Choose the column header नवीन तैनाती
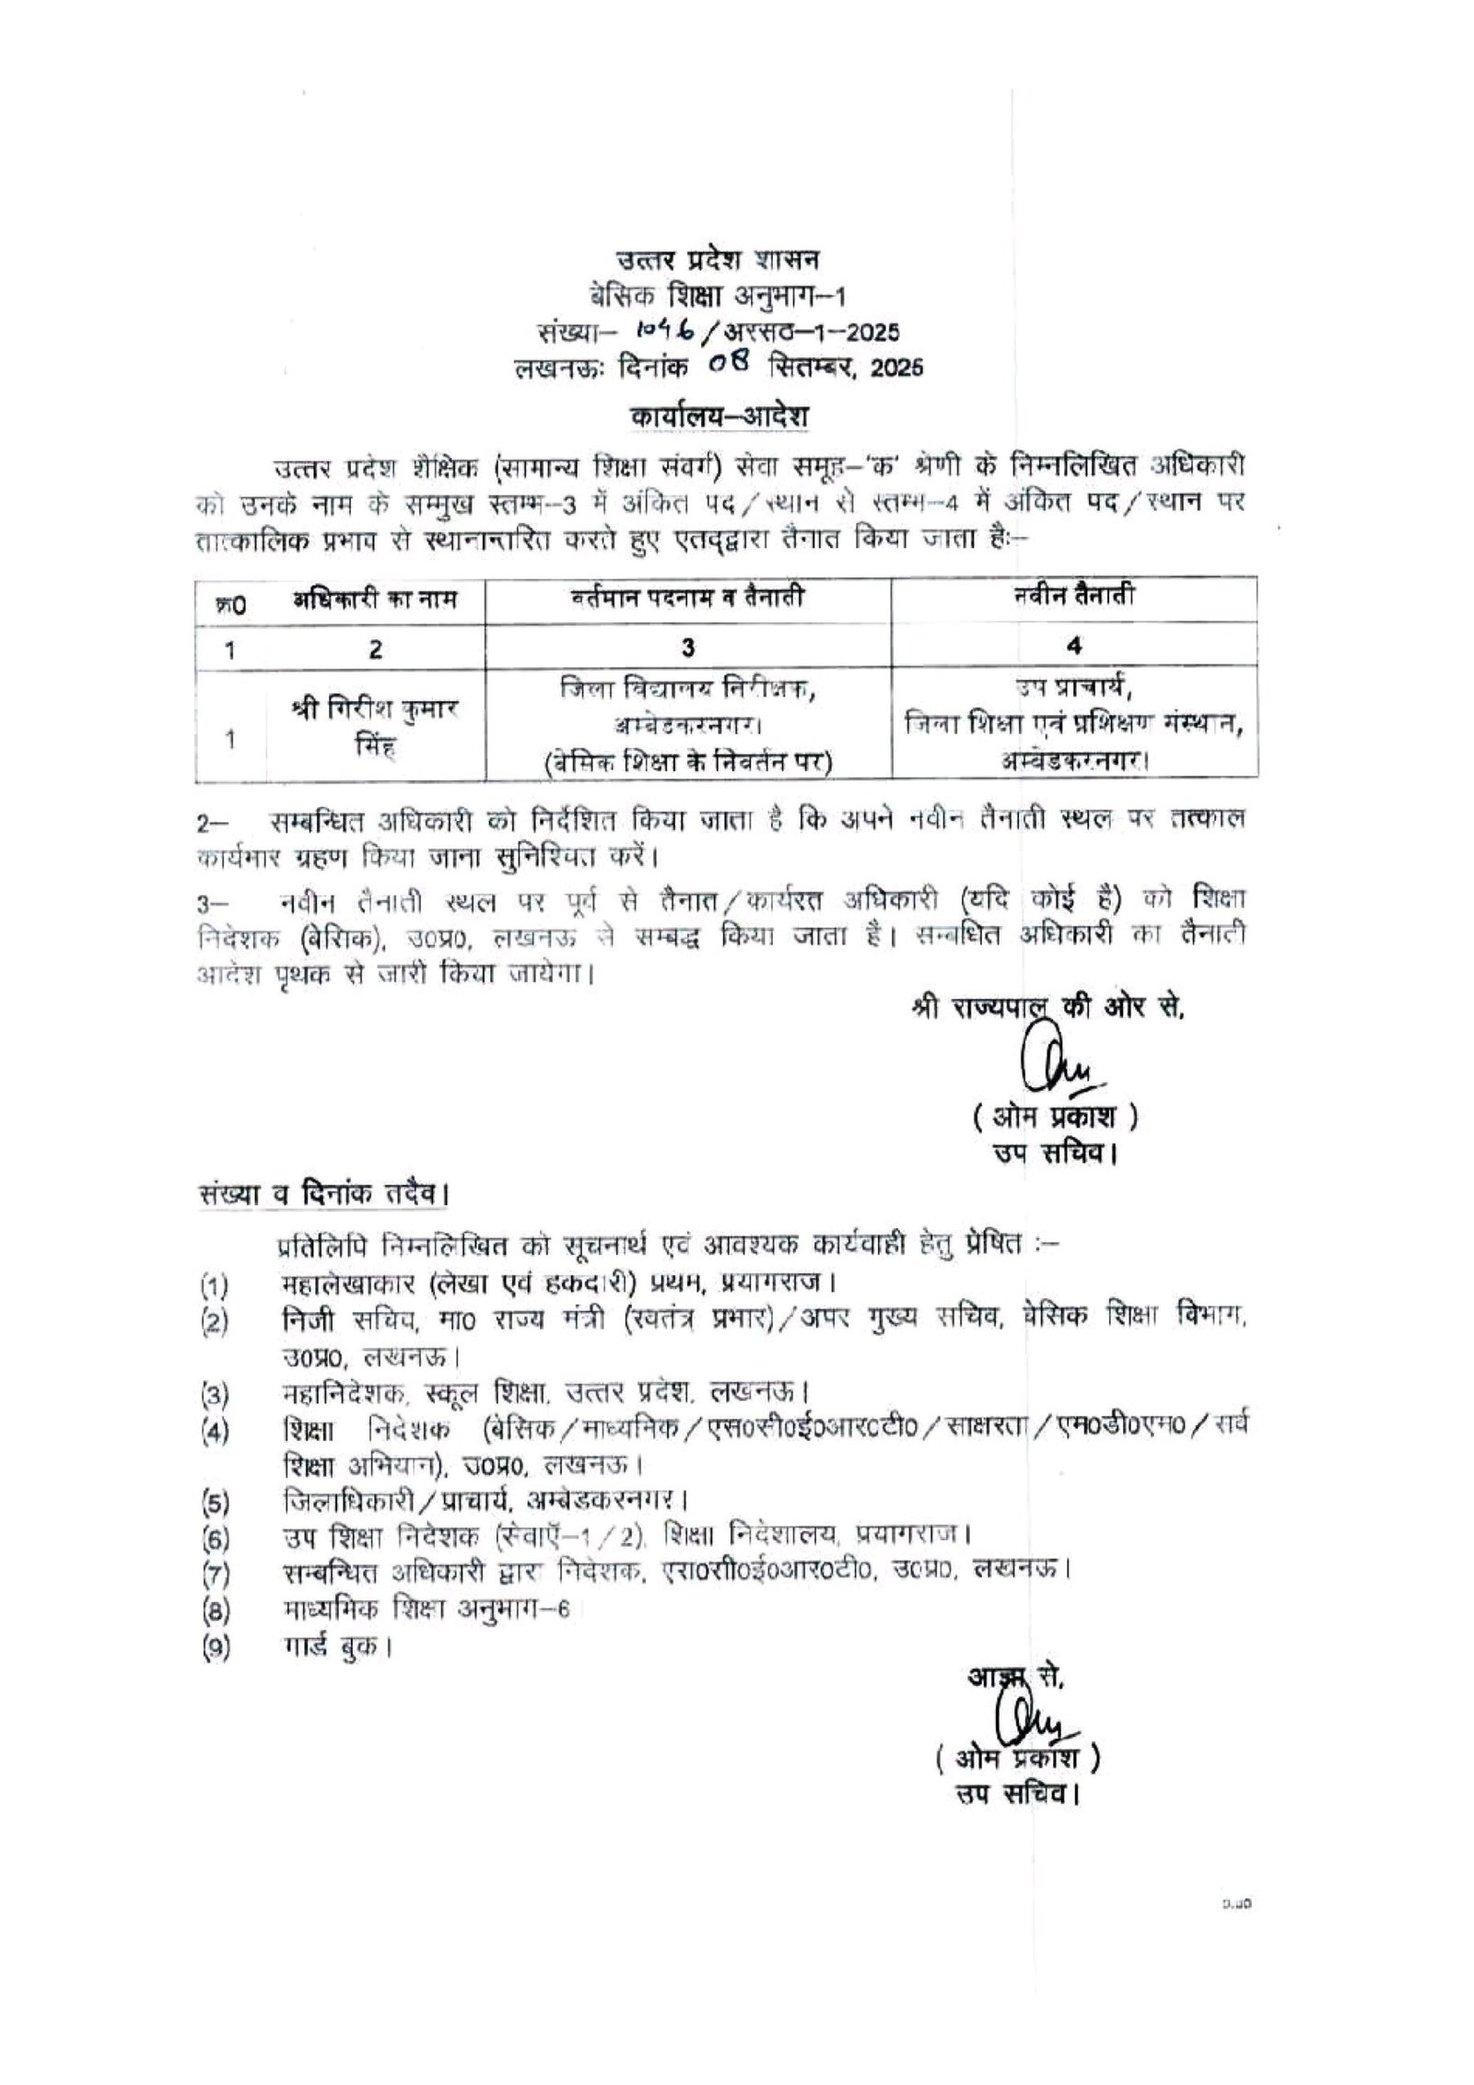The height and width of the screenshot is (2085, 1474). [x=1073, y=598]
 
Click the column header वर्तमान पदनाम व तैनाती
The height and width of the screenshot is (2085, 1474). [x=686, y=600]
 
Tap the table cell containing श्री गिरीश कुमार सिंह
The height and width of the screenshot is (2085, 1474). [x=374, y=725]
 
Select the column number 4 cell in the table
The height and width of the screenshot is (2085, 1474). [x=1073, y=647]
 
